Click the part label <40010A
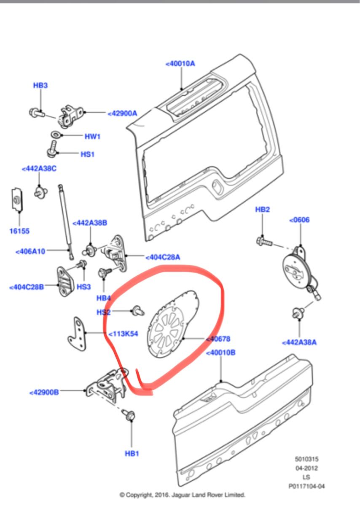point(180,64)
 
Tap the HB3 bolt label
point(40,85)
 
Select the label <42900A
point(122,113)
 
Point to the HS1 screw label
point(87,154)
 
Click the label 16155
point(19,231)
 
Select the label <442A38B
point(90,223)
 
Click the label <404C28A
point(163,257)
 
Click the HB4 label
point(103,298)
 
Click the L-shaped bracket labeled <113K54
point(77,335)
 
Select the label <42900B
point(44,392)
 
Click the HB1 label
point(132,454)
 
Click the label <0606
point(299,220)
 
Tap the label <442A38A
point(299,342)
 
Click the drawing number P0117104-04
point(306,486)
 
